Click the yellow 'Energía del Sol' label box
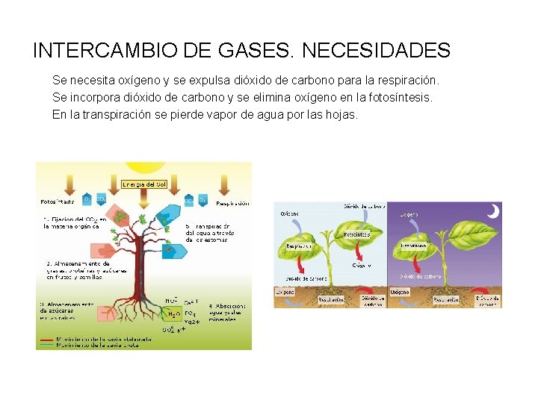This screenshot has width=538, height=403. (144, 184)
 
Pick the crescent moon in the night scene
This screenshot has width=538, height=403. (492, 212)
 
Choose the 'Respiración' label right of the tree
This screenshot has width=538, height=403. (232, 202)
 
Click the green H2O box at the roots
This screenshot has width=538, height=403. (173, 314)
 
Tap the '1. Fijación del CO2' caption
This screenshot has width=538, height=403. (75, 222)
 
